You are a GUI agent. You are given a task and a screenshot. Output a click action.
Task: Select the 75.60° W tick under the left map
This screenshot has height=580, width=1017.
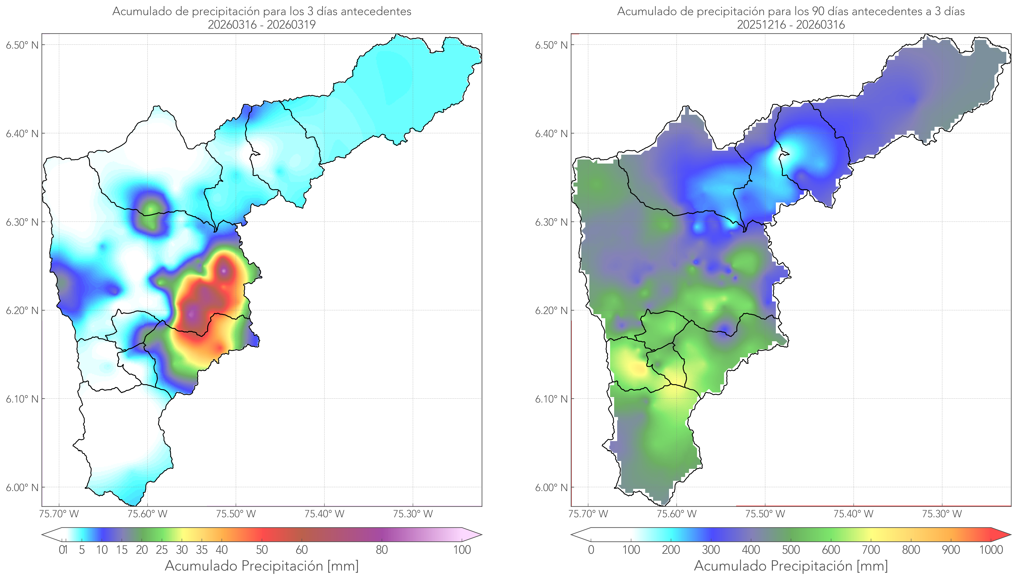(x=147, y=514)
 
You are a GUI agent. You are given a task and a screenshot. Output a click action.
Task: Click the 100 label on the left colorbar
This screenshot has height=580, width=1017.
(x=462, y=550)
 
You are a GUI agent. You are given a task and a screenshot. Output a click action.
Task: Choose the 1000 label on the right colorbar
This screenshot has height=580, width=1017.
(x=991, y=550)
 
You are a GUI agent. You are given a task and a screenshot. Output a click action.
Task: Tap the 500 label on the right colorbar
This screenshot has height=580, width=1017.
(x=791, y=550)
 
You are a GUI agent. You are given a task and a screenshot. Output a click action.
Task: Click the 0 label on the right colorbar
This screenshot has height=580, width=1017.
(x=591, y=550)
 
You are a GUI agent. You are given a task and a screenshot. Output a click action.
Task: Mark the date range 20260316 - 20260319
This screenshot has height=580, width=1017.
(x=262, y=25)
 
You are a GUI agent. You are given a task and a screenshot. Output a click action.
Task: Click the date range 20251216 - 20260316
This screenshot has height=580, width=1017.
(x=791, y=25)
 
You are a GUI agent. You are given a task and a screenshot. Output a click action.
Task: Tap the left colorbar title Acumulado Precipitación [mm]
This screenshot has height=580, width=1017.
(x=262, y=566)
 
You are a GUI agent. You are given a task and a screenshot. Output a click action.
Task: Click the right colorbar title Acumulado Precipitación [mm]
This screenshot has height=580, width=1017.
(x=791, y=566)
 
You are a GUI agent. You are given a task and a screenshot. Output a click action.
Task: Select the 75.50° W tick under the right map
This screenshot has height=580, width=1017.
(x=765, y=514)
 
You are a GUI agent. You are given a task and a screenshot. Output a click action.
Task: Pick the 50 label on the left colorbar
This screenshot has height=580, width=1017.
(x=262, y=550)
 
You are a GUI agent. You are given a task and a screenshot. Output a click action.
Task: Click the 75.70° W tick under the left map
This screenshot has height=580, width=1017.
(x=59, y=514)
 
